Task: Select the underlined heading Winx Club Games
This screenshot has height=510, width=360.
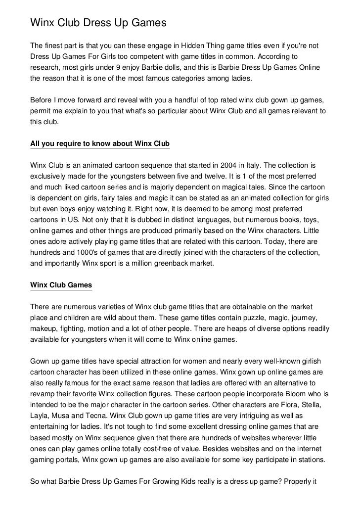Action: [x=61, y=285]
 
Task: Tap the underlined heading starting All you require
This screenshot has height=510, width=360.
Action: [x=99, y=144]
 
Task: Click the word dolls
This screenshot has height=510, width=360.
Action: [x=185, y=67]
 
